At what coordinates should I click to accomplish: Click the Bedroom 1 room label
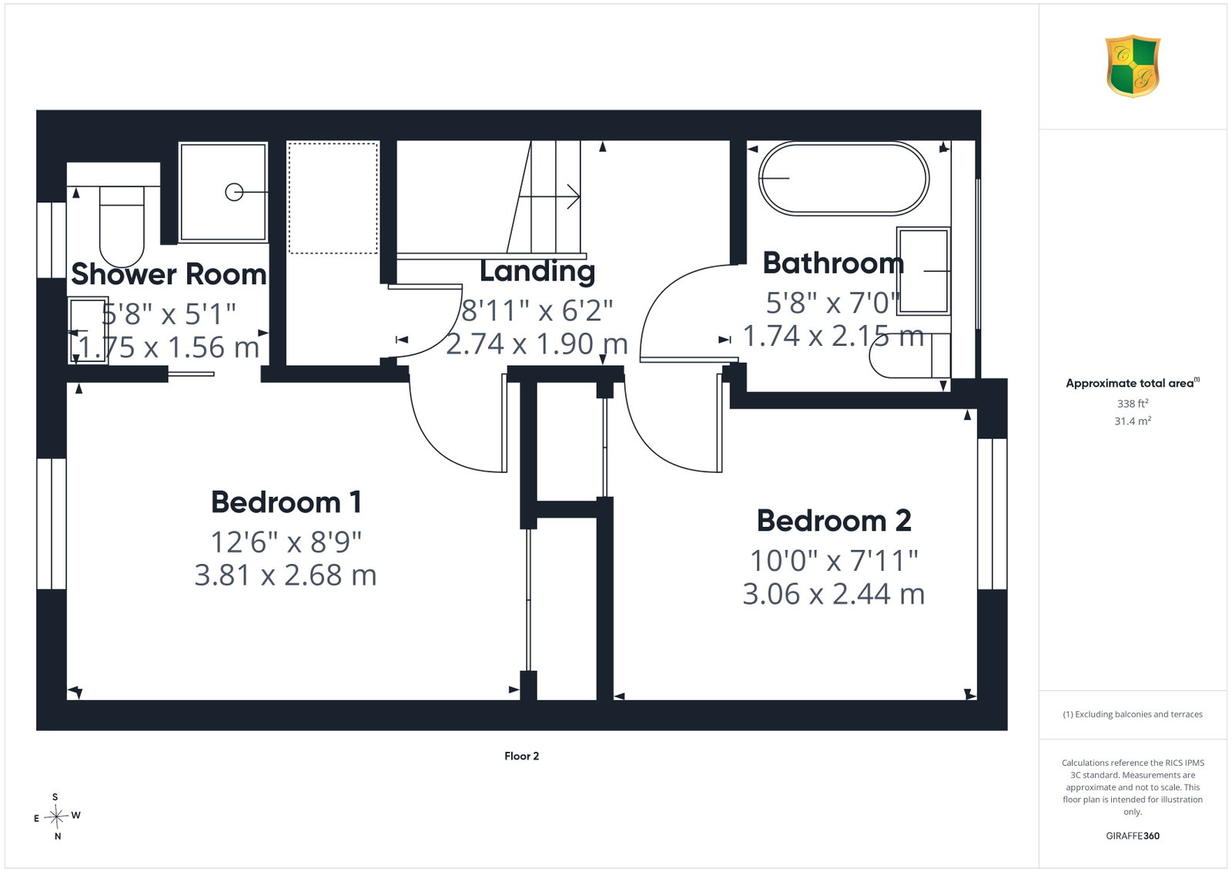click(286, 502)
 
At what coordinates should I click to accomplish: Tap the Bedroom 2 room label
click(834, 521)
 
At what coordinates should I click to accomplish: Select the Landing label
click(537, 272)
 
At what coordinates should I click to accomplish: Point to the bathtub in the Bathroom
click(844, 178)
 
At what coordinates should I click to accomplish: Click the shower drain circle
click(234, 192)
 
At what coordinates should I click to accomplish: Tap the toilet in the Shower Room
click(122, 226)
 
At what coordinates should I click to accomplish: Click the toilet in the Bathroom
click(909, 355)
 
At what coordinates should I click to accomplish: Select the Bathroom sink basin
click(923, 271)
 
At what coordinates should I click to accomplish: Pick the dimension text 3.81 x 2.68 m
click(286, 575)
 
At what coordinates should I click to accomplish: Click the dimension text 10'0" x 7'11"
click(834, 561)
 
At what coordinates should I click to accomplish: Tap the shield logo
click(1133, 66)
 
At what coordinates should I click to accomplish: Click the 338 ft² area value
click(1133, 404)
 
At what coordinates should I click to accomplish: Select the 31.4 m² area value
click(1133, 421)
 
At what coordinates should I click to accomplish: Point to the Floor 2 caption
click(521, 756)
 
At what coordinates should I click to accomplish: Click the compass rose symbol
click(56, 817)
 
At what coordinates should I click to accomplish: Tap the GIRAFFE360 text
click(1133, 836)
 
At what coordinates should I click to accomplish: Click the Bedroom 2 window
click(993, 514)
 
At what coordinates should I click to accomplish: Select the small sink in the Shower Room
click(88, 330)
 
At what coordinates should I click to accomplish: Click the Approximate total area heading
click(1133, 383)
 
